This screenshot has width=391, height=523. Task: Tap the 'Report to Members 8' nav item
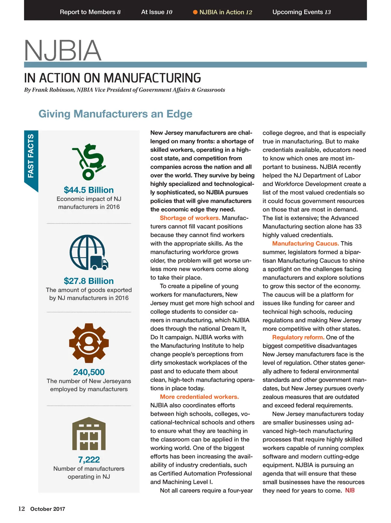tap(90, 12)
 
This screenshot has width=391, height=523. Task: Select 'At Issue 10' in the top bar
tap(156, 12)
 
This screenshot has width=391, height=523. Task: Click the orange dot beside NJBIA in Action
tap(195, 12)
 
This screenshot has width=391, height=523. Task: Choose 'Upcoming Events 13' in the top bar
tap(301, 12)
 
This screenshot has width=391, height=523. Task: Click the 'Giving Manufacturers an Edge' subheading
tap(115, 114)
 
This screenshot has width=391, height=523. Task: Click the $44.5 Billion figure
tap(89, 190)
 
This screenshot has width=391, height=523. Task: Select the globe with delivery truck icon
tap(89, 252)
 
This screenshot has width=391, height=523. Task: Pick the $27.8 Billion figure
tap(89, 281)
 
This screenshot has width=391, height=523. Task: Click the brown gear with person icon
tap(89, 343)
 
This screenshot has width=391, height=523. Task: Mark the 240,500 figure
tap(89, 372)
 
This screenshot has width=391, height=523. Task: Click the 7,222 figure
tap(89, 459)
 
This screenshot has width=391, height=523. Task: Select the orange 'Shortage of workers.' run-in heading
tap(190, 218)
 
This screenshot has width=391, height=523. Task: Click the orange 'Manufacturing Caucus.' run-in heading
tap(305, 243)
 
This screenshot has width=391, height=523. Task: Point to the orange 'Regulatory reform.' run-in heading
tap(298, 337)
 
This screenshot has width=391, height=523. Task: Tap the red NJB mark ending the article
tap(350, 490)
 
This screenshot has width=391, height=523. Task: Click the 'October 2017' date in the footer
tap(48, 509)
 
